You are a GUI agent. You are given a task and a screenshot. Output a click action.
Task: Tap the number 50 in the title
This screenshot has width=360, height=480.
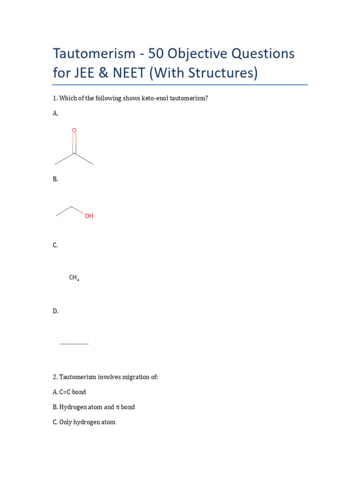point(158,53)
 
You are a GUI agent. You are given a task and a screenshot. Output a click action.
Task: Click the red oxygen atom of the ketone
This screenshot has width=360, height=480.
point(74,130)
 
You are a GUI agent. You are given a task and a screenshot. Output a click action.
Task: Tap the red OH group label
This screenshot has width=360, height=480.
point(89,216)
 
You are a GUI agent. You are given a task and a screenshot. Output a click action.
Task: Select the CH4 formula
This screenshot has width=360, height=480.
point(74,277)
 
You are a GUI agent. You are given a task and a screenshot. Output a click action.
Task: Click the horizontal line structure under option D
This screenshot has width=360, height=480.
point(74,344)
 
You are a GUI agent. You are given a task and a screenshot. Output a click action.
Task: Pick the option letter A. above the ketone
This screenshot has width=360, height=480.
point(55,113)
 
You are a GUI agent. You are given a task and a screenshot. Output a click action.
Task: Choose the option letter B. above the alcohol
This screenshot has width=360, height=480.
point(55,179)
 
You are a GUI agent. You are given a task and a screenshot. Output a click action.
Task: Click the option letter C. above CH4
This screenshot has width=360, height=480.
point(55,245)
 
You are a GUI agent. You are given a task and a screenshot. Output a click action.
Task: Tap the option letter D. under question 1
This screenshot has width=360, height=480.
point(55,311)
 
